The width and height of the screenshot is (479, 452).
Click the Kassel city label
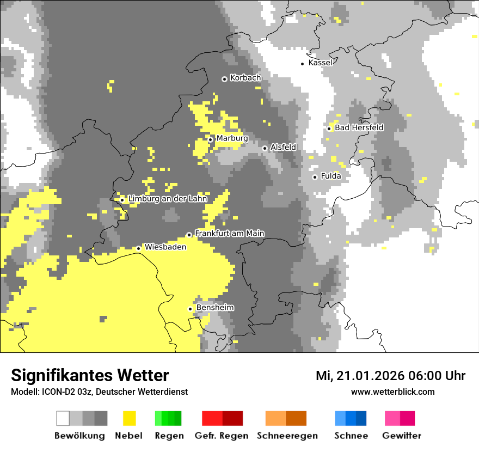pos(320,63)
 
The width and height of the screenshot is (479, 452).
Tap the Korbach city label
pos(245,78)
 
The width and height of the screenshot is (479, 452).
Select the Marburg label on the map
pos(232,138)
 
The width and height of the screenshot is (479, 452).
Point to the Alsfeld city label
pos(283,147)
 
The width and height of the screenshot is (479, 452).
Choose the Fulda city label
pos(331,176)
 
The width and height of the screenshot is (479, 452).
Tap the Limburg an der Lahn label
pos(168,199)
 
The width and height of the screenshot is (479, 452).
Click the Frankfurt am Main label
pos(229,233)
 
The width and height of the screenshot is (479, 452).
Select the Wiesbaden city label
pos(165,247)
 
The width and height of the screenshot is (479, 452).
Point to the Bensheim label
pos(215,307)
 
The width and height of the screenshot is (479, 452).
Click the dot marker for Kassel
pos(303,64)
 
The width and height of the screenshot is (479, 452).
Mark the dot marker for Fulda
pos(315,177)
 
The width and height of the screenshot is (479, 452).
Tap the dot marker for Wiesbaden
pos(138,248)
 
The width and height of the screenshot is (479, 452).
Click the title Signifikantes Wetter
pos(90,375)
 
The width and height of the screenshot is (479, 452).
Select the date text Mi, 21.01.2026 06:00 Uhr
pos(390,376)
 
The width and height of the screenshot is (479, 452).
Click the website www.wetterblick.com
pos(392,392)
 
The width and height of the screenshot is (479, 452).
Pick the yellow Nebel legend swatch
pos(129,418)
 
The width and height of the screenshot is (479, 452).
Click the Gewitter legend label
pos(402,436)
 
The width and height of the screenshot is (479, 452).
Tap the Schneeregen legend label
pos(287,436)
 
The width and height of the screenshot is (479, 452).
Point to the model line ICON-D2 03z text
pos(99,392)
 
